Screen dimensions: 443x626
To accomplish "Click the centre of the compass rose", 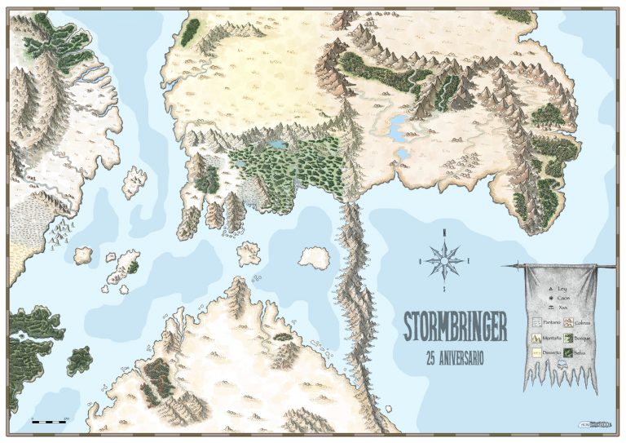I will tap(445, 260).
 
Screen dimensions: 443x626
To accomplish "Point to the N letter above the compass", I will tap(445, 233).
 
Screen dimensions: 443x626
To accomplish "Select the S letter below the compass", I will tap(445, 289).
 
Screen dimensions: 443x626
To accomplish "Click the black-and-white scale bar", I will tap(49, 421).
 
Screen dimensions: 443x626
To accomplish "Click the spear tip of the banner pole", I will tap(506, 264).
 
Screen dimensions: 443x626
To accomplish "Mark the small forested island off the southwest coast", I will tap(79, 359).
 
